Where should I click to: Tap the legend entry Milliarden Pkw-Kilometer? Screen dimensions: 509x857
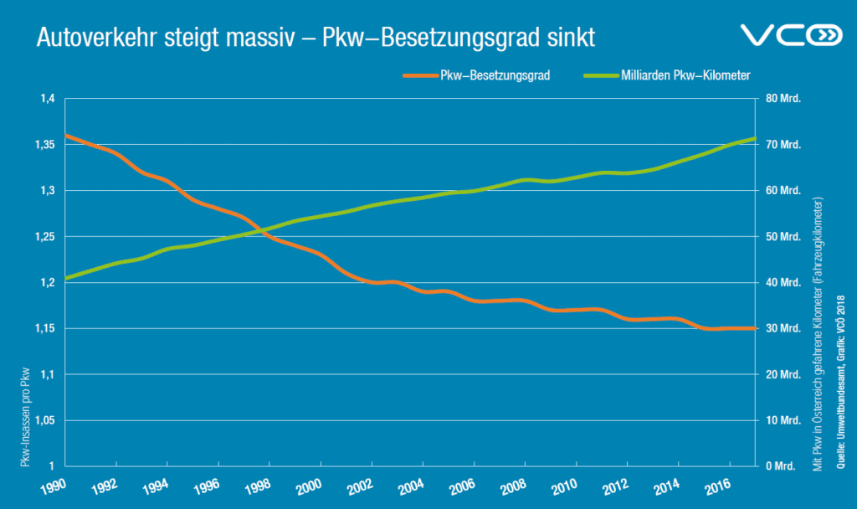685,75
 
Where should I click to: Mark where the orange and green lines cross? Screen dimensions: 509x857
261,231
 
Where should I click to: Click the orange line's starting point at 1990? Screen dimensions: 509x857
66,135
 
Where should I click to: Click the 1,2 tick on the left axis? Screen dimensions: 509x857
45,282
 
